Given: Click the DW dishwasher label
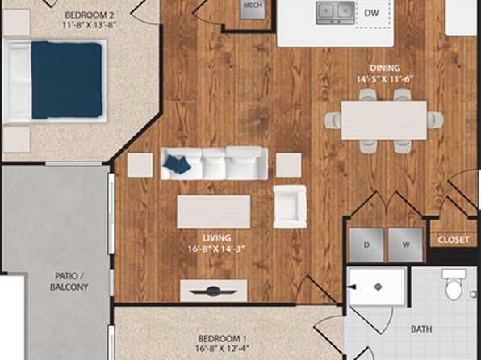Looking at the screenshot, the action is point(371,13).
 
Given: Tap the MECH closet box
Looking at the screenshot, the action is point(253,9).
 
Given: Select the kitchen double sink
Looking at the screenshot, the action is point(335,13).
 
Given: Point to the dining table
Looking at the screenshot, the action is point(384,120).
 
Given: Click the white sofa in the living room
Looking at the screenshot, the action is point(214,163).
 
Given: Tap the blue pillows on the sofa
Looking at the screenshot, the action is point(177,164).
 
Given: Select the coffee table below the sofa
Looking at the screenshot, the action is point(214,211).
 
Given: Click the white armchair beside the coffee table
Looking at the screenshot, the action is point(290,207).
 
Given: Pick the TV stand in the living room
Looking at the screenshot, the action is point(214,291).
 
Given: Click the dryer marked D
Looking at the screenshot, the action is point(366,245).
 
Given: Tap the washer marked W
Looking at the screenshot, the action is point(405,245).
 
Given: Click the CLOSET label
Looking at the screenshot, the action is point(453,240).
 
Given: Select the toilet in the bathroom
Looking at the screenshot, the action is point(454,284).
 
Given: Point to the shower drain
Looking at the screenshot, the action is point(378,287).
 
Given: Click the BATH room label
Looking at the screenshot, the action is point(421,329).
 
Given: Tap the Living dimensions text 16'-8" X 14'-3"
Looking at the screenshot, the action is point(217,249).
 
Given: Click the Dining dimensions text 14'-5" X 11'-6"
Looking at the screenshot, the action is point(385,79).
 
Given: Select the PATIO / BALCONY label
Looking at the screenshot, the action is point(69,282).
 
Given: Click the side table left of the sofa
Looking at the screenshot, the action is point(140,165).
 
